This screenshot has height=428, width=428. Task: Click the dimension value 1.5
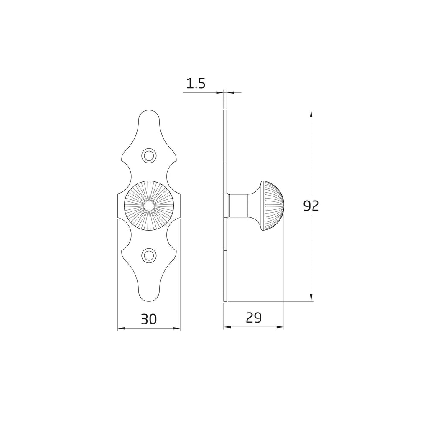click(196, 84)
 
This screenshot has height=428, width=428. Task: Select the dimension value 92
click(311, 206)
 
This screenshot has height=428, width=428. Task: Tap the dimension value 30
click(149, 319)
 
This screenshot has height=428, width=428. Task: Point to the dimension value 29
click(254, 318)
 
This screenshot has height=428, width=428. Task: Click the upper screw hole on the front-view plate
click(149, 156)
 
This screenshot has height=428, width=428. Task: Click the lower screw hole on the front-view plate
click(149, 255)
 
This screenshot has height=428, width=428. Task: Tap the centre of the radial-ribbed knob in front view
click(149, 206)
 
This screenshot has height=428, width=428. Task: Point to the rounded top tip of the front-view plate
click(149, 110)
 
